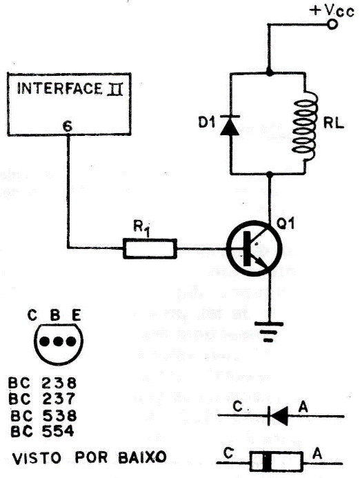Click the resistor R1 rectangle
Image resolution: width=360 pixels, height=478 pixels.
[x=150, y=248]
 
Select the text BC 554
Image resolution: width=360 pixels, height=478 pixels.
[x=43, y=430]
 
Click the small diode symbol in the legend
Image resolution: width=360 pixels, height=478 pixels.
[x=277, y=415]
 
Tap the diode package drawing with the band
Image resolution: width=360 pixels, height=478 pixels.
[x=267, y=460]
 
